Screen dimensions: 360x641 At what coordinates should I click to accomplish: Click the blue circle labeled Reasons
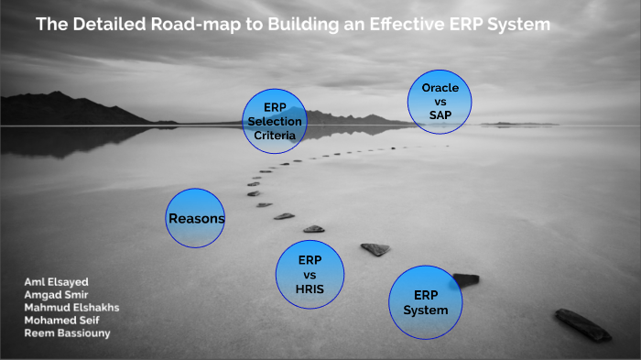[x=195, y=218]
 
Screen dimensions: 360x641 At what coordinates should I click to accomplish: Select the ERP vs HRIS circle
[x=310, y=274]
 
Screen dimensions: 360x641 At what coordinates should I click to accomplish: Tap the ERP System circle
[x=425, y=302]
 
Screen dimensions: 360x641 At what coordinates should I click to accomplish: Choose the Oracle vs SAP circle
[x=440, y=102]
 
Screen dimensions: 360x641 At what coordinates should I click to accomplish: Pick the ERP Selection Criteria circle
[x=275, y=121]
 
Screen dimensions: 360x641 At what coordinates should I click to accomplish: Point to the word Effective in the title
[x=419, y=25]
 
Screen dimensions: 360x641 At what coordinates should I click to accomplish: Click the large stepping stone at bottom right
[x=582, y=324]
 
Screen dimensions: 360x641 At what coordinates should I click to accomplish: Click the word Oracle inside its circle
[x=440, y=87]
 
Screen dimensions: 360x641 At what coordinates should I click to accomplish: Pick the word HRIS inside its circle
[x=310, y=289]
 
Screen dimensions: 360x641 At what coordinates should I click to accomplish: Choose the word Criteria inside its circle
[x=275, y=135]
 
